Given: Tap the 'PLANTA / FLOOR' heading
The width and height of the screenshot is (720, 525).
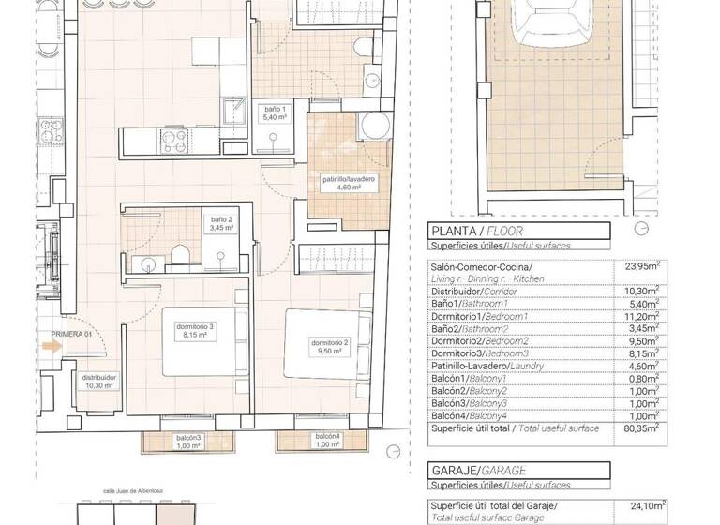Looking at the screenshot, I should [475, 231].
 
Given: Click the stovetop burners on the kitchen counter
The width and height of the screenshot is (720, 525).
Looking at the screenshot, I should [172, 140].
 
